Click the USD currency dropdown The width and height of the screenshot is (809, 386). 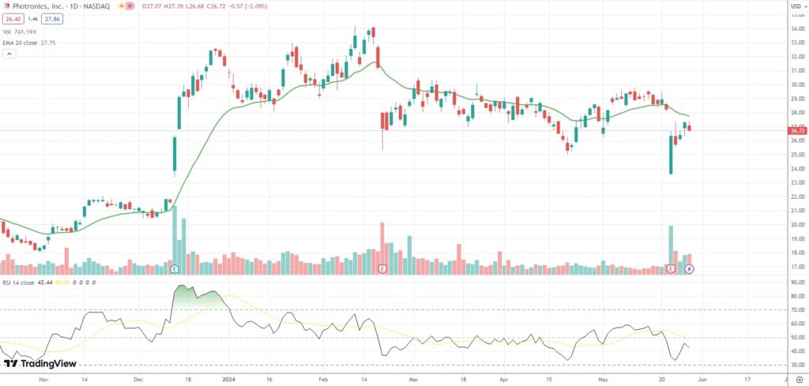tap(796, 7)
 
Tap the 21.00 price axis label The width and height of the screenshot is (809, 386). tap(796, 211)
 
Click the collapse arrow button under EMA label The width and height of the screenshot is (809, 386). tap(9, 54)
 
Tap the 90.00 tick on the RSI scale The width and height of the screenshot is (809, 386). tap(796, 282)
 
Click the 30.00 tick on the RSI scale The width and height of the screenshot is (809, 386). tap(796, 365)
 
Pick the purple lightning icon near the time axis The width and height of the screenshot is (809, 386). tap(689, 269)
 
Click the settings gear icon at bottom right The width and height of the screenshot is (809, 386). tap(798, 379)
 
